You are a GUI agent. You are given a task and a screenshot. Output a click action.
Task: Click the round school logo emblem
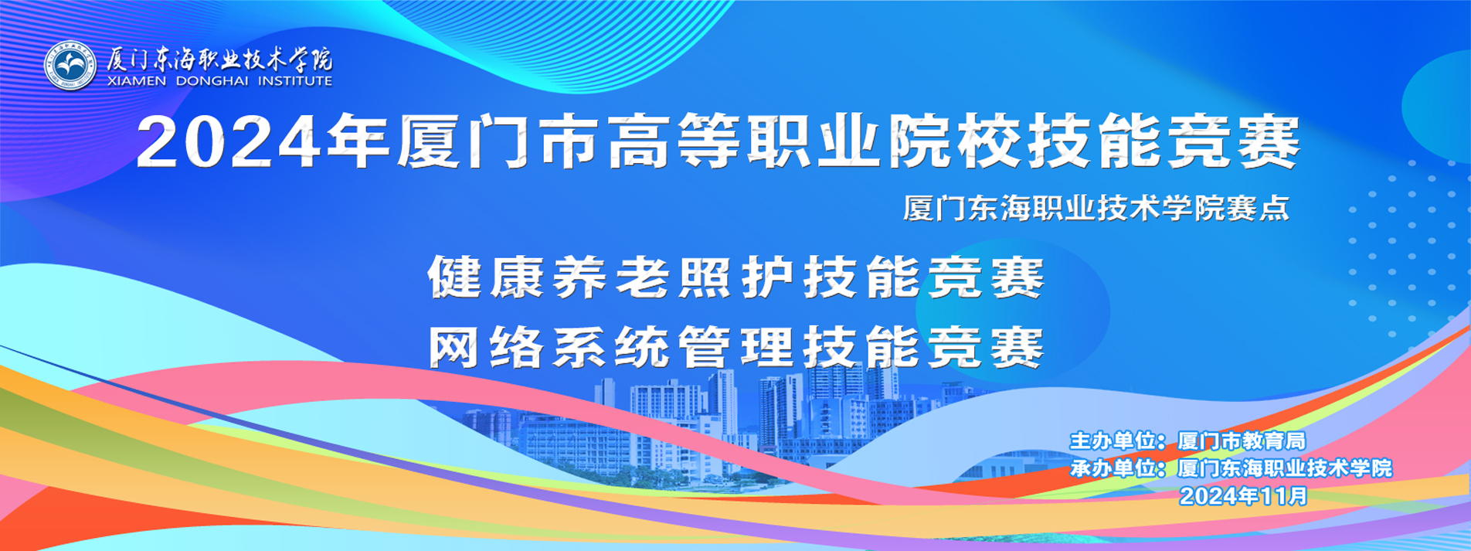[70, 65]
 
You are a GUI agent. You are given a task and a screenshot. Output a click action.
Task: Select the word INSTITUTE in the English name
[294, 81]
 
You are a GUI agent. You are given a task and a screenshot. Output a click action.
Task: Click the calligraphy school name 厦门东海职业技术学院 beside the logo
[219, 59]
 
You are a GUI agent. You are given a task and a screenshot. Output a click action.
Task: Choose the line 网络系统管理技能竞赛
[736, 348]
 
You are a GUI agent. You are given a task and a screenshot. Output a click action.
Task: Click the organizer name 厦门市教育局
[1242, 441]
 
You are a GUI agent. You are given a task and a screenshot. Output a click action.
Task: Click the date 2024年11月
[1244, 495]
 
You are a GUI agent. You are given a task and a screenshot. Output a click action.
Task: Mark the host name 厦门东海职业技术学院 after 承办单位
[1285, 468]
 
